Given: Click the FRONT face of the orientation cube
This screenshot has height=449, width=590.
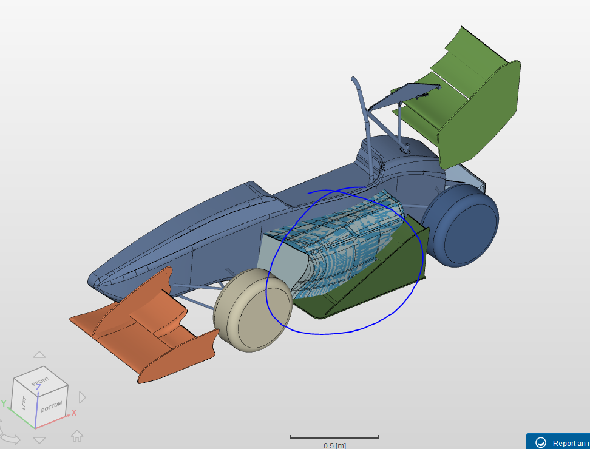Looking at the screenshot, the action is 41,380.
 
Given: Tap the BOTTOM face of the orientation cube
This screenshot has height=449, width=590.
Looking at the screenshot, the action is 52,406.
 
